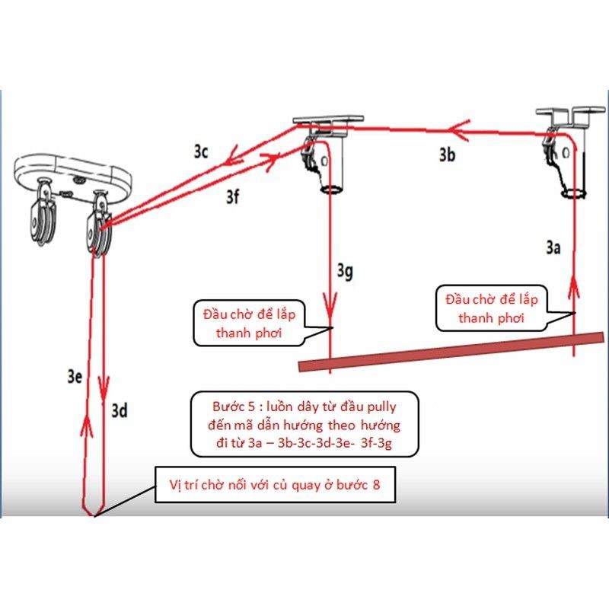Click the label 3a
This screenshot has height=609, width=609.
tap(553, 247)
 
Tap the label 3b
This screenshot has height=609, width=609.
tap(447, 155)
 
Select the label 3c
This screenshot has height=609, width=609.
tap(201, 151)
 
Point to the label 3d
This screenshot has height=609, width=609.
tap(120, 410)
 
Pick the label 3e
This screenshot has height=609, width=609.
tap(75, 376)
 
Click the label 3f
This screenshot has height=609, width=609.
tap(233, 197)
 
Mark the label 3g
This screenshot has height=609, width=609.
tap(345, 271)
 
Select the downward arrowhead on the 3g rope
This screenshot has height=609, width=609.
tap(330, 306)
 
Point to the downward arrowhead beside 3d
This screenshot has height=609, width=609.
tap(104, 388)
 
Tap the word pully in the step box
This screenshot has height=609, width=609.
tap(382, 407)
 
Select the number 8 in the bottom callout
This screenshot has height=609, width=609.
tap(376, 485)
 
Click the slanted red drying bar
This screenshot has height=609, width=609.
tap(451, 352)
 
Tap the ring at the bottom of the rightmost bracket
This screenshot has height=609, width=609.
tap(573, 193)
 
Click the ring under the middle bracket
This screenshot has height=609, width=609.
tap(330, 190)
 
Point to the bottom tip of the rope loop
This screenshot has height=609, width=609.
tap(94, 516)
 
